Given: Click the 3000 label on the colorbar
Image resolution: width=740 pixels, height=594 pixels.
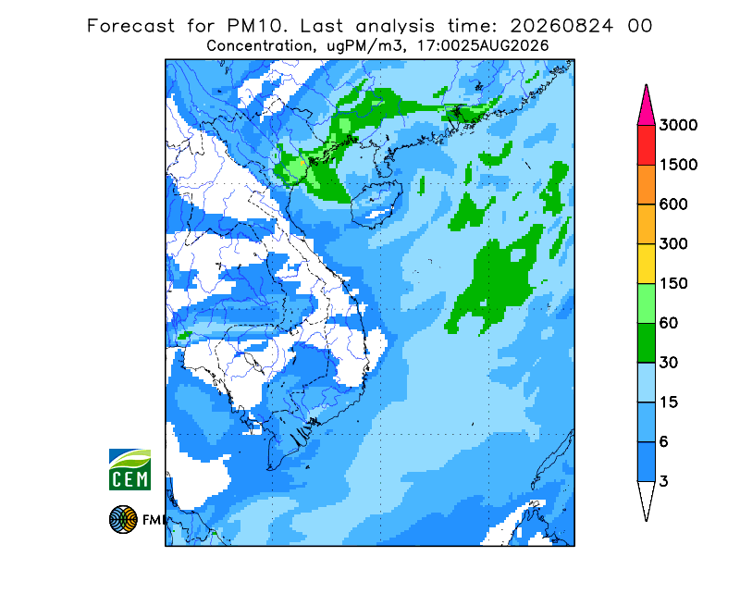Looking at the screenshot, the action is coord(678,125).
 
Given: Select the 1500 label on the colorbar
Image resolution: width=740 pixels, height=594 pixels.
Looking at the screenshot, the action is coord(678,165).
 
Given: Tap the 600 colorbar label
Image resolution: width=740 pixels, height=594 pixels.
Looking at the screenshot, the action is coord(673,204).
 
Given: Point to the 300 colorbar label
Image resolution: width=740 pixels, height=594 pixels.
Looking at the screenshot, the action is coord(673,244).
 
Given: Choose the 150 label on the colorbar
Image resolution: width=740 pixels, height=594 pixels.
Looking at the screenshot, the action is coord(673,284).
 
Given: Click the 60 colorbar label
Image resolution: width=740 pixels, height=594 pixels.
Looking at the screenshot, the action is coord(669,324).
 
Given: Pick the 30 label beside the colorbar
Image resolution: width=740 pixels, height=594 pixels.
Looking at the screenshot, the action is coord(669,363).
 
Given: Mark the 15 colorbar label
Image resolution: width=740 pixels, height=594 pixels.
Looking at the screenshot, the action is coord(669,402).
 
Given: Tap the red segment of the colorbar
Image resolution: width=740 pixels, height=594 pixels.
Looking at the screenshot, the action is coord(646,145).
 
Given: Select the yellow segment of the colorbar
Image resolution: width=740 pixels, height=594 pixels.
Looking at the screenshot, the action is coord(646,264).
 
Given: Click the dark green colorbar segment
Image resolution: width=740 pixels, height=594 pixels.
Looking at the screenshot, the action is coord(646,343).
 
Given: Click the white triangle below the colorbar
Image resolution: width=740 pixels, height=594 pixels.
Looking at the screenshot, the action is coord(646,497).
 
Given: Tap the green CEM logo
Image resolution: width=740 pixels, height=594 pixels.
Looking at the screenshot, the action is coord(129,469).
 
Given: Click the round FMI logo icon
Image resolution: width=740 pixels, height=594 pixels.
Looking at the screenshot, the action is coord(123,519).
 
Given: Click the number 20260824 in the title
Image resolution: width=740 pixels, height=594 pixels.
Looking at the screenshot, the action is coord(561,26).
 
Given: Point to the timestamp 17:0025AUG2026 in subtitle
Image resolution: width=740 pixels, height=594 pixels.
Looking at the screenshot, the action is coord(483,46).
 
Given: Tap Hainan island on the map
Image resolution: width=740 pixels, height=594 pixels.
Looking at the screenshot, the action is coord(376,204).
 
